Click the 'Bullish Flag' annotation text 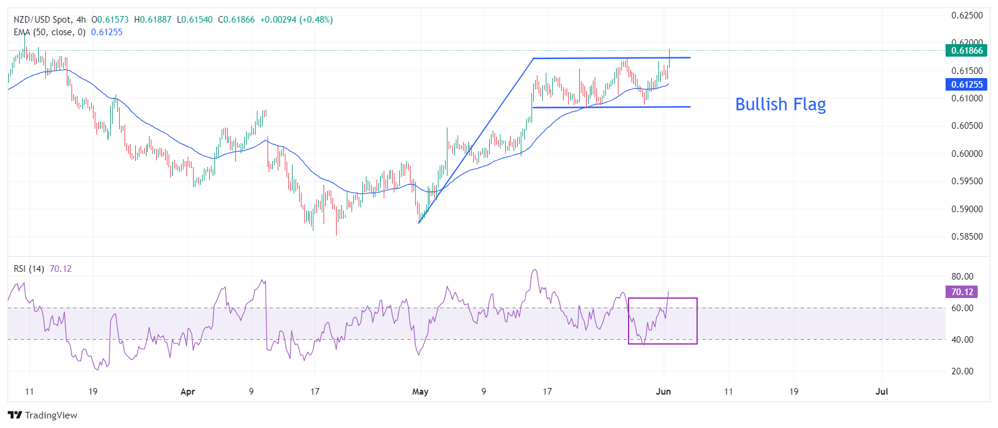780,104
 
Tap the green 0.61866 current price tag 966,51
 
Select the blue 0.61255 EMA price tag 966,85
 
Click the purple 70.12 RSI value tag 962,292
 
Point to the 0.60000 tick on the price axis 966,154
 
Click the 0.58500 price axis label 966,237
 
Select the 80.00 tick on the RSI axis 962,277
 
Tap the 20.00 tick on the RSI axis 962,371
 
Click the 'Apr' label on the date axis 188,392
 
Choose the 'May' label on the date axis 420,392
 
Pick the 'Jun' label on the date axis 663,392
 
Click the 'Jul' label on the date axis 881,392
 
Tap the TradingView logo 43,415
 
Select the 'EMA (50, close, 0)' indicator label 49,32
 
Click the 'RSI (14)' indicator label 29,269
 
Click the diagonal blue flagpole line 477,140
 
